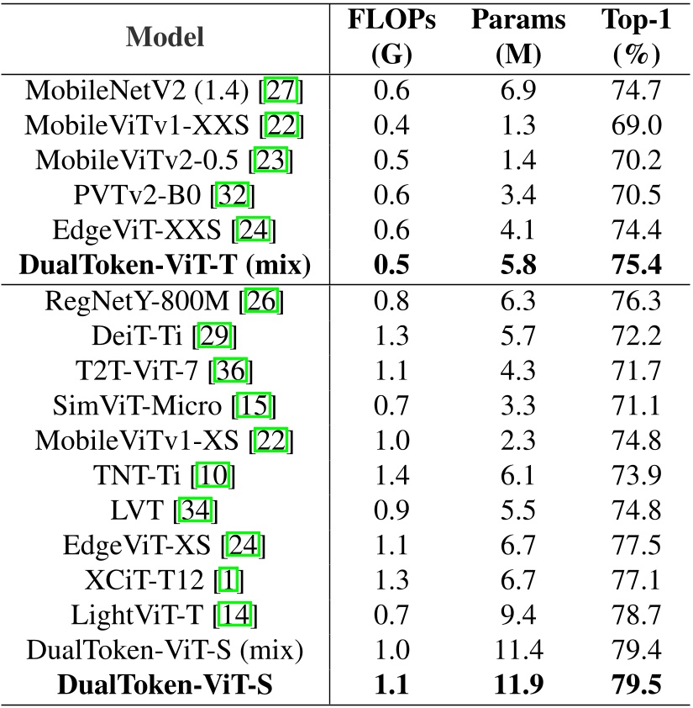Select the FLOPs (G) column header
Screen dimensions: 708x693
[x=391, y=37]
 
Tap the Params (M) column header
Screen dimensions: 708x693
[x=519, y=37]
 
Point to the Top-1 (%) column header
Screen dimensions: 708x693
[x=637, y=37]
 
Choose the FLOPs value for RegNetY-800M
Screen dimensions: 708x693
[x=391, y=303]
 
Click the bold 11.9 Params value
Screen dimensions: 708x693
[x=519, y=688]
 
